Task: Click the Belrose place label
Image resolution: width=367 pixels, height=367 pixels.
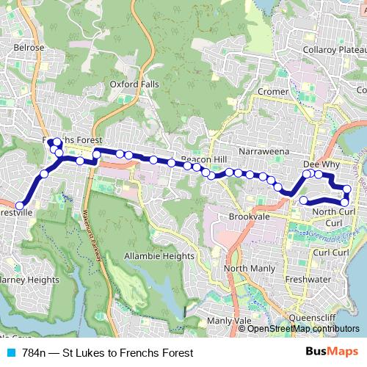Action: click(x=29, y=47)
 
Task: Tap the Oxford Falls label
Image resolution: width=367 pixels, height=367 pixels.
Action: click(x=134, y=84)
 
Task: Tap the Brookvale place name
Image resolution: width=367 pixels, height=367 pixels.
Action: click(x=249, y=218)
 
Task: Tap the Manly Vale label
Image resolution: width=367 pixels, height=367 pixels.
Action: click(x=229, y=321)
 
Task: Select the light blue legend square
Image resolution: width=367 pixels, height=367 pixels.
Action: click(x=11, y=353)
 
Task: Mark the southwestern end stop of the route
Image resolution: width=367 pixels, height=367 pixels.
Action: click(x=20, y=206)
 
